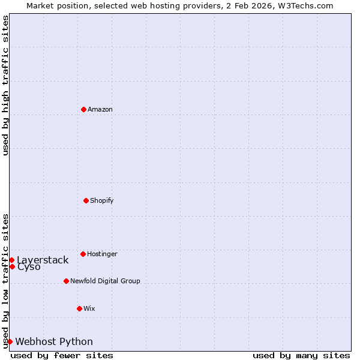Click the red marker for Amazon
click(84, 109)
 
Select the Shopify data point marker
click(86, 200)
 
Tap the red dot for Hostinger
click(83, 254)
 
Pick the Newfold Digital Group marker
click(66, 281)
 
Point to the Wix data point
click(79, 308)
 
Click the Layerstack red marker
click(12, 260)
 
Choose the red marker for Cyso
click(12, 266)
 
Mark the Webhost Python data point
click(10, 341)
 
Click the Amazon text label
click(100, 109)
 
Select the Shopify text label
click(102, 200)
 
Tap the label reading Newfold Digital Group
click(105, 281)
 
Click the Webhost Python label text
click(54, 341)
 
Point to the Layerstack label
click(43, 260)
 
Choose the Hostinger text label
click(102, 254)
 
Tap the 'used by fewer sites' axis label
click(62, 355)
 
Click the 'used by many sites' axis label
click(301, 355)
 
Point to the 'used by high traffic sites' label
click(5, 85)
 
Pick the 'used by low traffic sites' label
click(5, 281)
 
